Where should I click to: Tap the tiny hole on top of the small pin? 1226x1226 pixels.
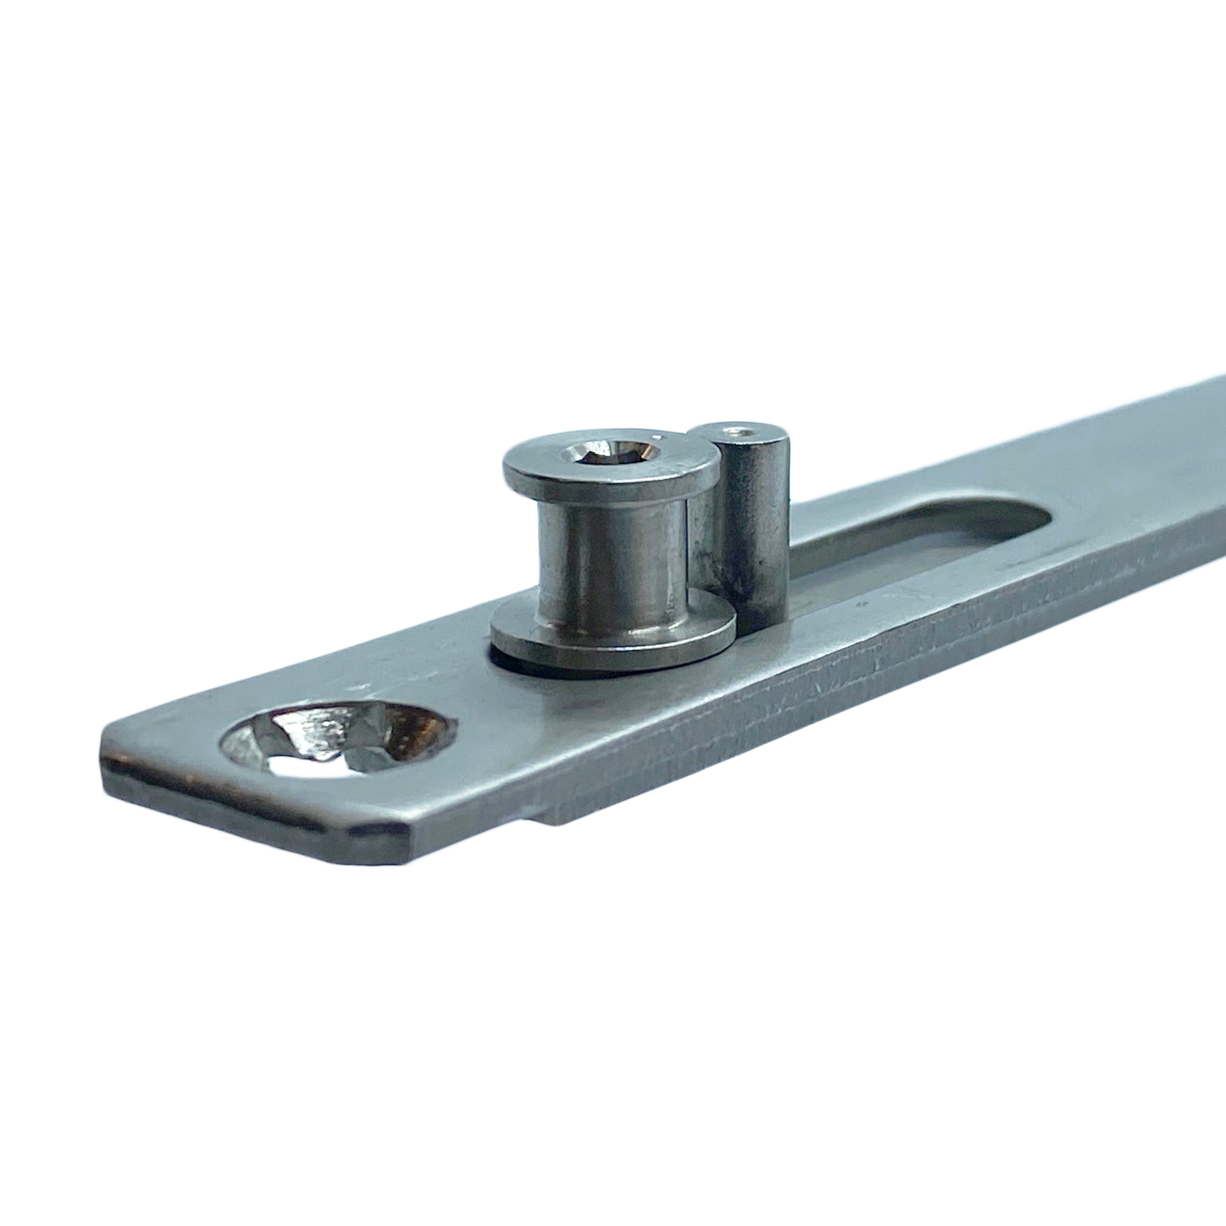point(739,433)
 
